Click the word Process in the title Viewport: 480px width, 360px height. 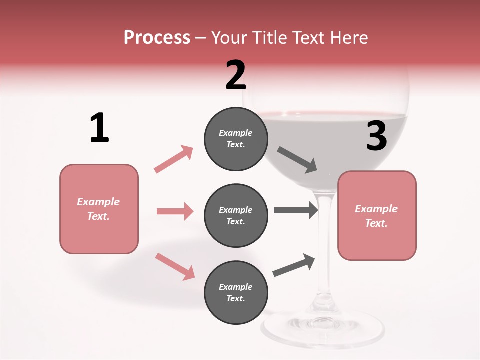coord(157,38)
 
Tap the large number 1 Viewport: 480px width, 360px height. coord(99,128)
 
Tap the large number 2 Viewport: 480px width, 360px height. coord(236,75)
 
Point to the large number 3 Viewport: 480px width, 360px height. coord(376,136)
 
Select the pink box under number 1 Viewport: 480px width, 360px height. coord(99,209)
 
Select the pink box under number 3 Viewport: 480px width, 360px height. coord(377,215)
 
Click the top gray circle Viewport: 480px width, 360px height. coord(236,139)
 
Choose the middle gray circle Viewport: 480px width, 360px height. coord(236,215)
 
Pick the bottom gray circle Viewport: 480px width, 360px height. coord(236,292)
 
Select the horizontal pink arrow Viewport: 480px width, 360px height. coord(175,211)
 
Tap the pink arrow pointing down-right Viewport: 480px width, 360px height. coord(175,266)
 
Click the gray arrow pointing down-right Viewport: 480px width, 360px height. coord(297,160)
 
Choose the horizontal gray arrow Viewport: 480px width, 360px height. coord(296,210)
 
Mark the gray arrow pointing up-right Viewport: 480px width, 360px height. coord(294,265)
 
